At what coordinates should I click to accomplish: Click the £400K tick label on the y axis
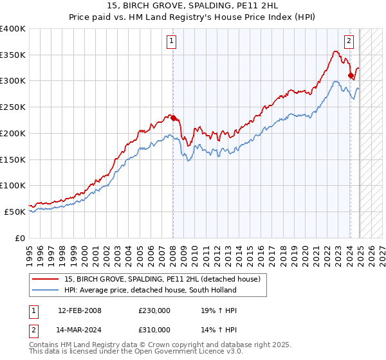tap(13, 29)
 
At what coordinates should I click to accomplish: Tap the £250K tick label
tap(13, 107)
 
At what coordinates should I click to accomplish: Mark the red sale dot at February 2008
tap(173, 118)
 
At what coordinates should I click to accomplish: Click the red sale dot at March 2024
tap(351, 76)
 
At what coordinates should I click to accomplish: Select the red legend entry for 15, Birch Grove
tap(161, 279)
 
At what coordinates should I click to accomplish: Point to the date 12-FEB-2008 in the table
tap(79, 310)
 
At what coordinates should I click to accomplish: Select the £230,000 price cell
tap(154, 310)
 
